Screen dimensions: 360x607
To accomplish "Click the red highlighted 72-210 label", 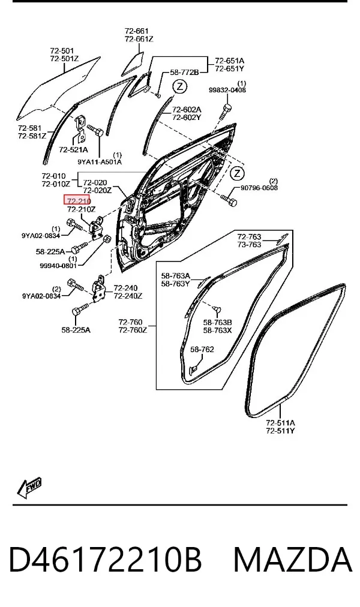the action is coord(77,200).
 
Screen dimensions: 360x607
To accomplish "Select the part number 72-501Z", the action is coord(64,59).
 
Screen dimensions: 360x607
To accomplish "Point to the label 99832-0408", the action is coord(227,90).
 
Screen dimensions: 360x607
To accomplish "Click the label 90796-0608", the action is coord(259,188).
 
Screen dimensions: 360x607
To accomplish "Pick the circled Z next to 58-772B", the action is coord(179,86).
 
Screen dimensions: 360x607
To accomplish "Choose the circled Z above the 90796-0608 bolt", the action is coord(237,173).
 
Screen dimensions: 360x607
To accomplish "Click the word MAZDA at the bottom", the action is coord(293,560).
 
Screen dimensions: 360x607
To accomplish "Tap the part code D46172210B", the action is coord(105,560).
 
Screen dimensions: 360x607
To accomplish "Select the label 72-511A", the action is coord(280,422).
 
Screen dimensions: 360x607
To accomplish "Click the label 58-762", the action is coord(202,350).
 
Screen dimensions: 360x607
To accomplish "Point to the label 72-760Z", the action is coord(133,330).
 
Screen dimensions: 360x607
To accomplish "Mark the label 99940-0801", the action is coord(58,266).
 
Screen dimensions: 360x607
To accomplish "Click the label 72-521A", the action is coord(74,150).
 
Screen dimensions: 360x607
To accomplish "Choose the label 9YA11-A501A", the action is coord(100,162).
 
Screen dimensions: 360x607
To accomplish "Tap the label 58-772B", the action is coord(184,72).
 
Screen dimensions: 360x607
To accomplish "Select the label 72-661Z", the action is coord(139,39).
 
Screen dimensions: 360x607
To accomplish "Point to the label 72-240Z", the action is coord(128,296).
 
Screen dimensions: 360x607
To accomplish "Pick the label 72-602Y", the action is coord(187,118).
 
